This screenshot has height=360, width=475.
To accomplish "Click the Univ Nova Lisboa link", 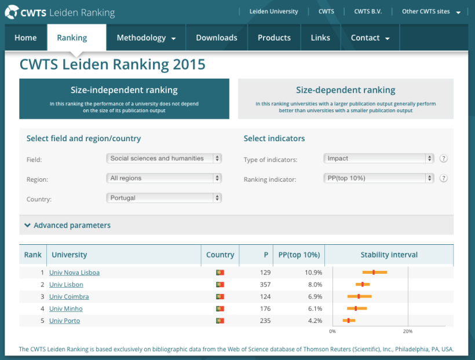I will pos(74,273).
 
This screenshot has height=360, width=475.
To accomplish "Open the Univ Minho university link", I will pos(65,309).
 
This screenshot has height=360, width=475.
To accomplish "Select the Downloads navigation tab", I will pos(216,38).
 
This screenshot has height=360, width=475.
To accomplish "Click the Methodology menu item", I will pos(146,38).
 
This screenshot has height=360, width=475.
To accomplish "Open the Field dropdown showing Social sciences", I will pos(164,159).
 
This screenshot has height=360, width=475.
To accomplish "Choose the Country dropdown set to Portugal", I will pos(164,198).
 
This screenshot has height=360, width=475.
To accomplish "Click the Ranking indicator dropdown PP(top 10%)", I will pos(378,178).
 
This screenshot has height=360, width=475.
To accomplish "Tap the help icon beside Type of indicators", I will pos(444,159).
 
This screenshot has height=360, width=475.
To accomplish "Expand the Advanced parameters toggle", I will pos(68,225).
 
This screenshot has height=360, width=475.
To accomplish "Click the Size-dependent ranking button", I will pos(345,98).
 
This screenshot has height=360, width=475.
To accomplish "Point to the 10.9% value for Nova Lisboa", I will pos(313,273).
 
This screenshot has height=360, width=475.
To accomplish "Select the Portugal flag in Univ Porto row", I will pos(220,321).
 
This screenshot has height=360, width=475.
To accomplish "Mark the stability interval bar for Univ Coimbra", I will pos(359,296).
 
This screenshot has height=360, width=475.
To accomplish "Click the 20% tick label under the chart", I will pos(408,332).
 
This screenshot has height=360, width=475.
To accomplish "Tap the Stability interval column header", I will pos(389,255).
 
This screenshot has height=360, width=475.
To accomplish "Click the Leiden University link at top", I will pos(273,12).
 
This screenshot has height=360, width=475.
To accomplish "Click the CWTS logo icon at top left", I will pos(12,12).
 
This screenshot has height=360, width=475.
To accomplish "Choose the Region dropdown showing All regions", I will pos(164,178).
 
